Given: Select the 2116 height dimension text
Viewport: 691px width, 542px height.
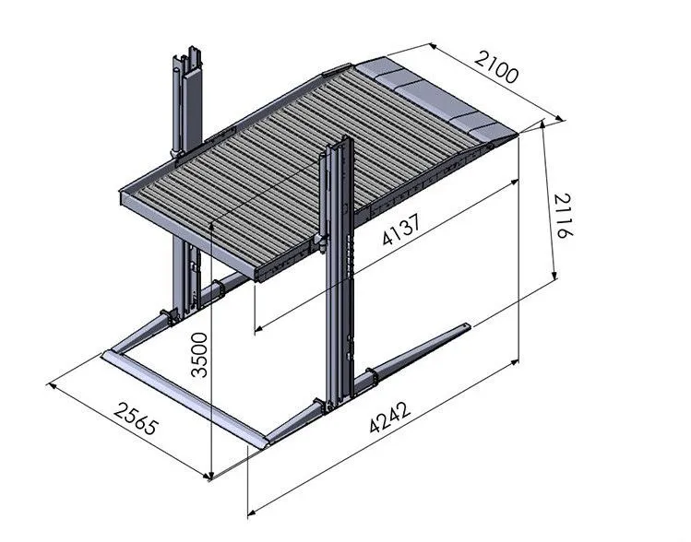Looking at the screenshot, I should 565,218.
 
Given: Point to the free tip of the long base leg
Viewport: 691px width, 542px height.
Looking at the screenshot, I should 471,325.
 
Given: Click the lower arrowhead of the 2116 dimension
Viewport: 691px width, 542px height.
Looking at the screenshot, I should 554,277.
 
